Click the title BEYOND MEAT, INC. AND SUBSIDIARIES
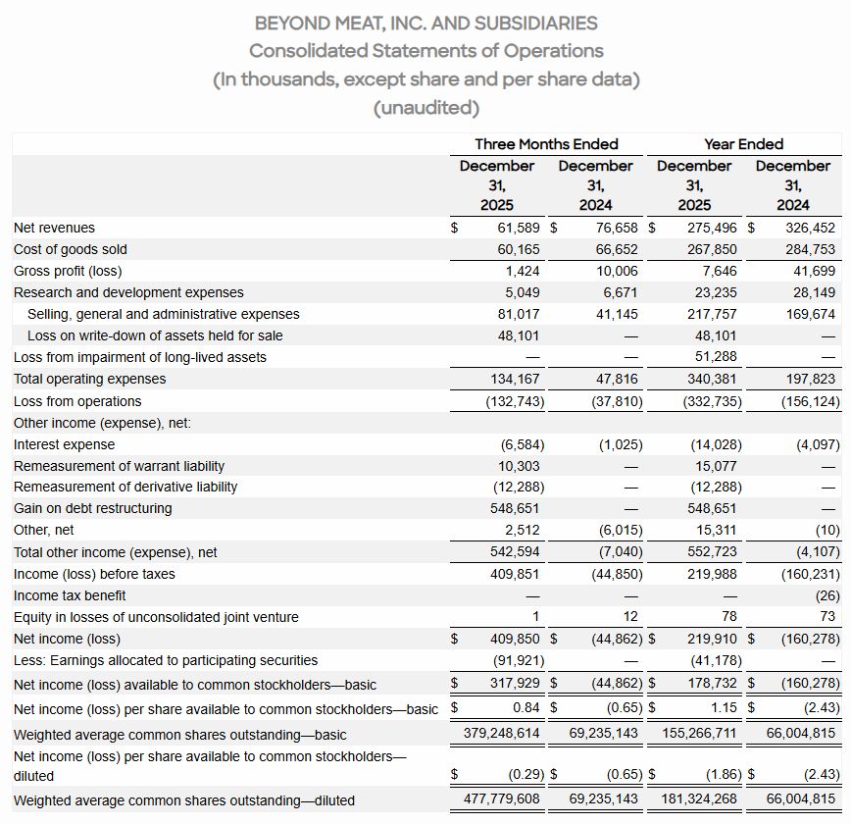coord(425,22)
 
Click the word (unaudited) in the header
coord(425,107)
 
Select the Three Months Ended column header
coord(546,143)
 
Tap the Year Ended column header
coord(743,143)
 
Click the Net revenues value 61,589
coord(520,228)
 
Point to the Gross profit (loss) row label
coord(68,271)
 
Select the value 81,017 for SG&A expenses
coord(519,314)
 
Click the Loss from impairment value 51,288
coord(717,357)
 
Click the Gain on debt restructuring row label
coord(92,508)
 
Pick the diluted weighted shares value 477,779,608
coord(503,799)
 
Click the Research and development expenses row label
coord(128,292)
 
